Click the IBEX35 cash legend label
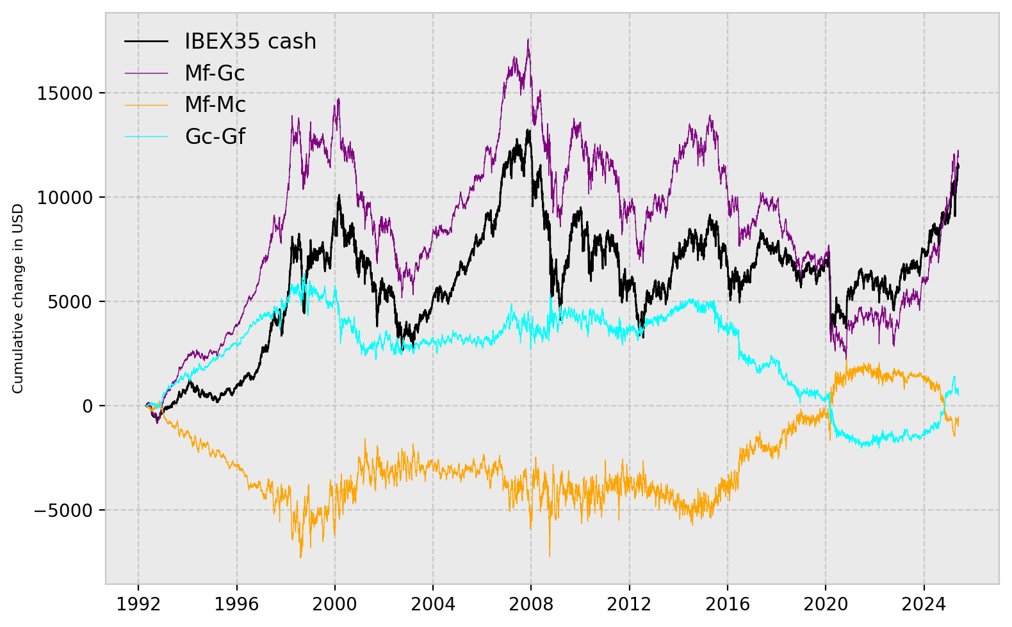pyautogui.click(x=250, y=42)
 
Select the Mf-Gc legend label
pyautogui.click(x=215, y=74)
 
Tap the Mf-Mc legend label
pyautogui.click(x=215, y=105)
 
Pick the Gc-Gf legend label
pyautogui.click(x=215, y=136)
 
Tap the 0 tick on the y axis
pyautogui.click(x=88, y=406)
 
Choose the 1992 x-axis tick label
pyautogui.click(x=138, y=603)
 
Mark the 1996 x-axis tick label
pyautogui.click(x=236, y=603)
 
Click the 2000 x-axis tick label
pyautogui.click(x=334, y=603)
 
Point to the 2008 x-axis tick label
pyautogui.click(x=531, y=603)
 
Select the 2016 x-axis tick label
pyautogui.click(x=727, y=603)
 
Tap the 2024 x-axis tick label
pyautogui.click(x=924, y=603)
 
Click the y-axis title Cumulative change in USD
pyautogui.click(x=18, y=299)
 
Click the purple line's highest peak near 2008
pyautogui.click(x=528, y=40)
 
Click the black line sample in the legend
pyautogui.click(x=146, y=42)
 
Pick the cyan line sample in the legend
pyautogui.click(x=146, y=136)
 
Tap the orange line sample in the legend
pyautogui.click(x=146, y=105)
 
